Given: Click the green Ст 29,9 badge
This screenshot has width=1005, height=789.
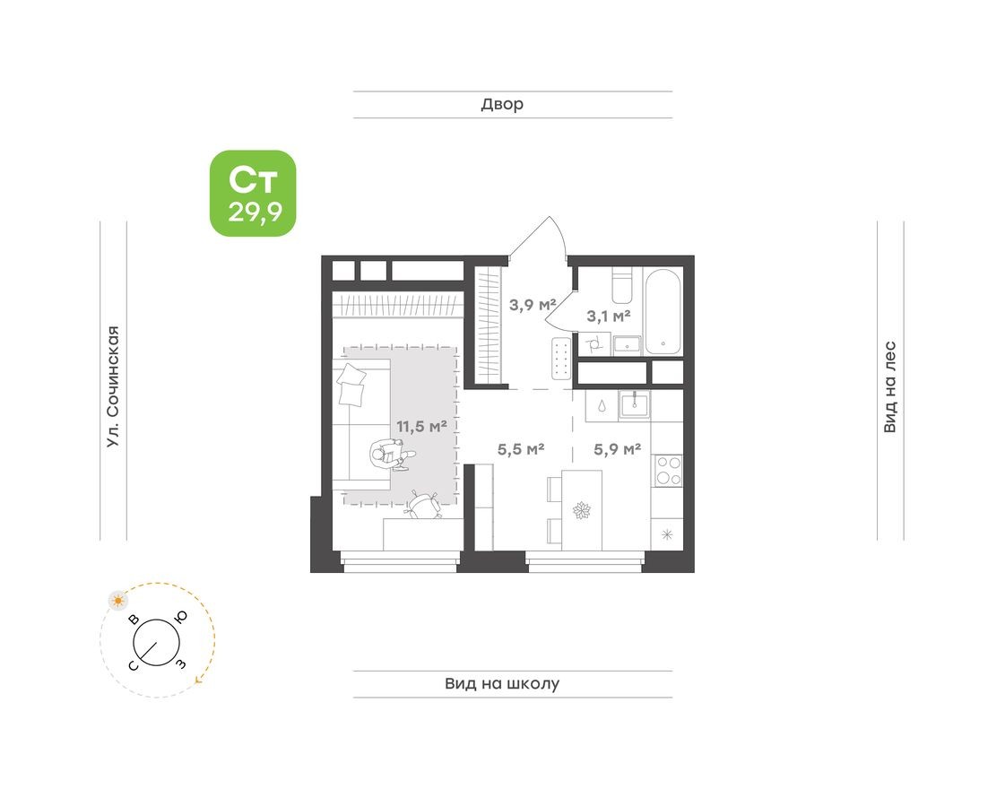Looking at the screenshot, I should click(253, 193).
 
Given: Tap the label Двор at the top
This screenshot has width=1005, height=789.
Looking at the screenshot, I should click(502, 104).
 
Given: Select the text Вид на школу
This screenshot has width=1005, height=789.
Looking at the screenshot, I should click(502, 683).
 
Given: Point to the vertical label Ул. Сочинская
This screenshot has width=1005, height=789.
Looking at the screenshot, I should click(112, 386).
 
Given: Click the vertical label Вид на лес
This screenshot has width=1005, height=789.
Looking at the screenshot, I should click(889, 386).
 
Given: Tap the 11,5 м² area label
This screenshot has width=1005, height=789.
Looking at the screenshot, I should click(421, 426).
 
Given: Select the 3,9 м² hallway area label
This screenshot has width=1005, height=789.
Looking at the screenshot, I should click(533, 303).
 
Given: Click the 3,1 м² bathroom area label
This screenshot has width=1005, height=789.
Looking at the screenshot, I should click(609, 315).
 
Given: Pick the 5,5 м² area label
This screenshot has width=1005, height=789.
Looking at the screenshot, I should click(522, 449).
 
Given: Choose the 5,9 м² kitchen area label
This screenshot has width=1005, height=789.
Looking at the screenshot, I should click(618, 449).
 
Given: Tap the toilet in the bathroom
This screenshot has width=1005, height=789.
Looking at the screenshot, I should click(625, 288).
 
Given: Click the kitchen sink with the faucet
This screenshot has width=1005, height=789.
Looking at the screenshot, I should click(635, 405).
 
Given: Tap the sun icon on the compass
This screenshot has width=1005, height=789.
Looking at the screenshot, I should click(117, 600).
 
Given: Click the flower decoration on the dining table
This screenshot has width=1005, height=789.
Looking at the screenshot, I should click(582, 511).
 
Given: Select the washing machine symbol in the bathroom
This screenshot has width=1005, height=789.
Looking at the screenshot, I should click(593, 343).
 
